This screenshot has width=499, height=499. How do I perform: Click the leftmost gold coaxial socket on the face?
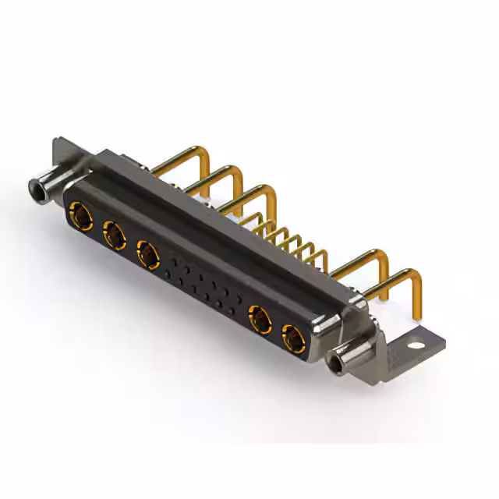pos(80,212)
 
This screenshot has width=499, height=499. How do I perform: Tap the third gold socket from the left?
pos(147,253)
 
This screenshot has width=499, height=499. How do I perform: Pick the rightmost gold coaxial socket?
pos(295,339)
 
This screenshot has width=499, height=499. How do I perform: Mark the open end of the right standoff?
pos(339,363)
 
